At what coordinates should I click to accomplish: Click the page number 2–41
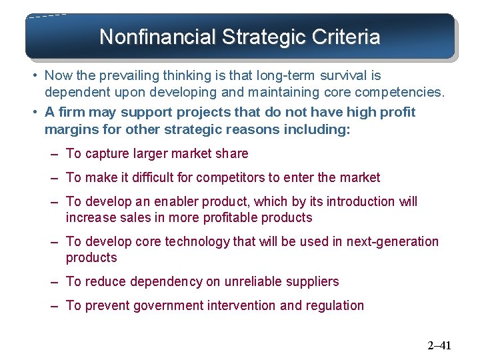pos(439,345)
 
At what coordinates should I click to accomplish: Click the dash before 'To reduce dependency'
pos(53,281)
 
